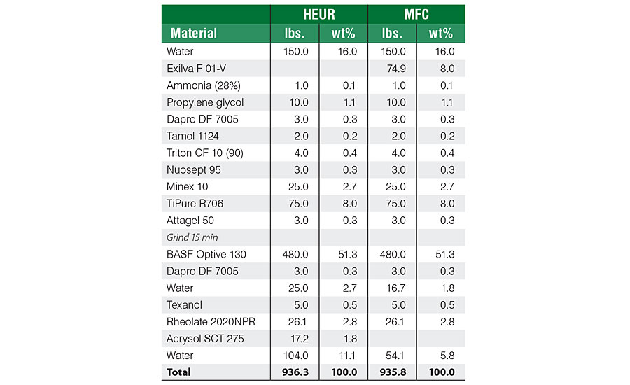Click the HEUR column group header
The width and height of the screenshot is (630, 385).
tap(318, 14)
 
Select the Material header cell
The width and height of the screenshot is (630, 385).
tap(194, 33)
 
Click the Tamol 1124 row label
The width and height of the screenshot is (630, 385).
tap(192, 136)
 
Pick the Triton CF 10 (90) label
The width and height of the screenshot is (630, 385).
tap(205, 153)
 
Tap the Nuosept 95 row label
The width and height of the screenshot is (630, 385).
tap(193, 169)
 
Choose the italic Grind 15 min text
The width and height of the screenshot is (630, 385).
tap(192, 237)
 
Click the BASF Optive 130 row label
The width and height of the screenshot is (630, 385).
tap(206, 254)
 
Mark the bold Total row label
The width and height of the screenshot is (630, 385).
tap(180, 372)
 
